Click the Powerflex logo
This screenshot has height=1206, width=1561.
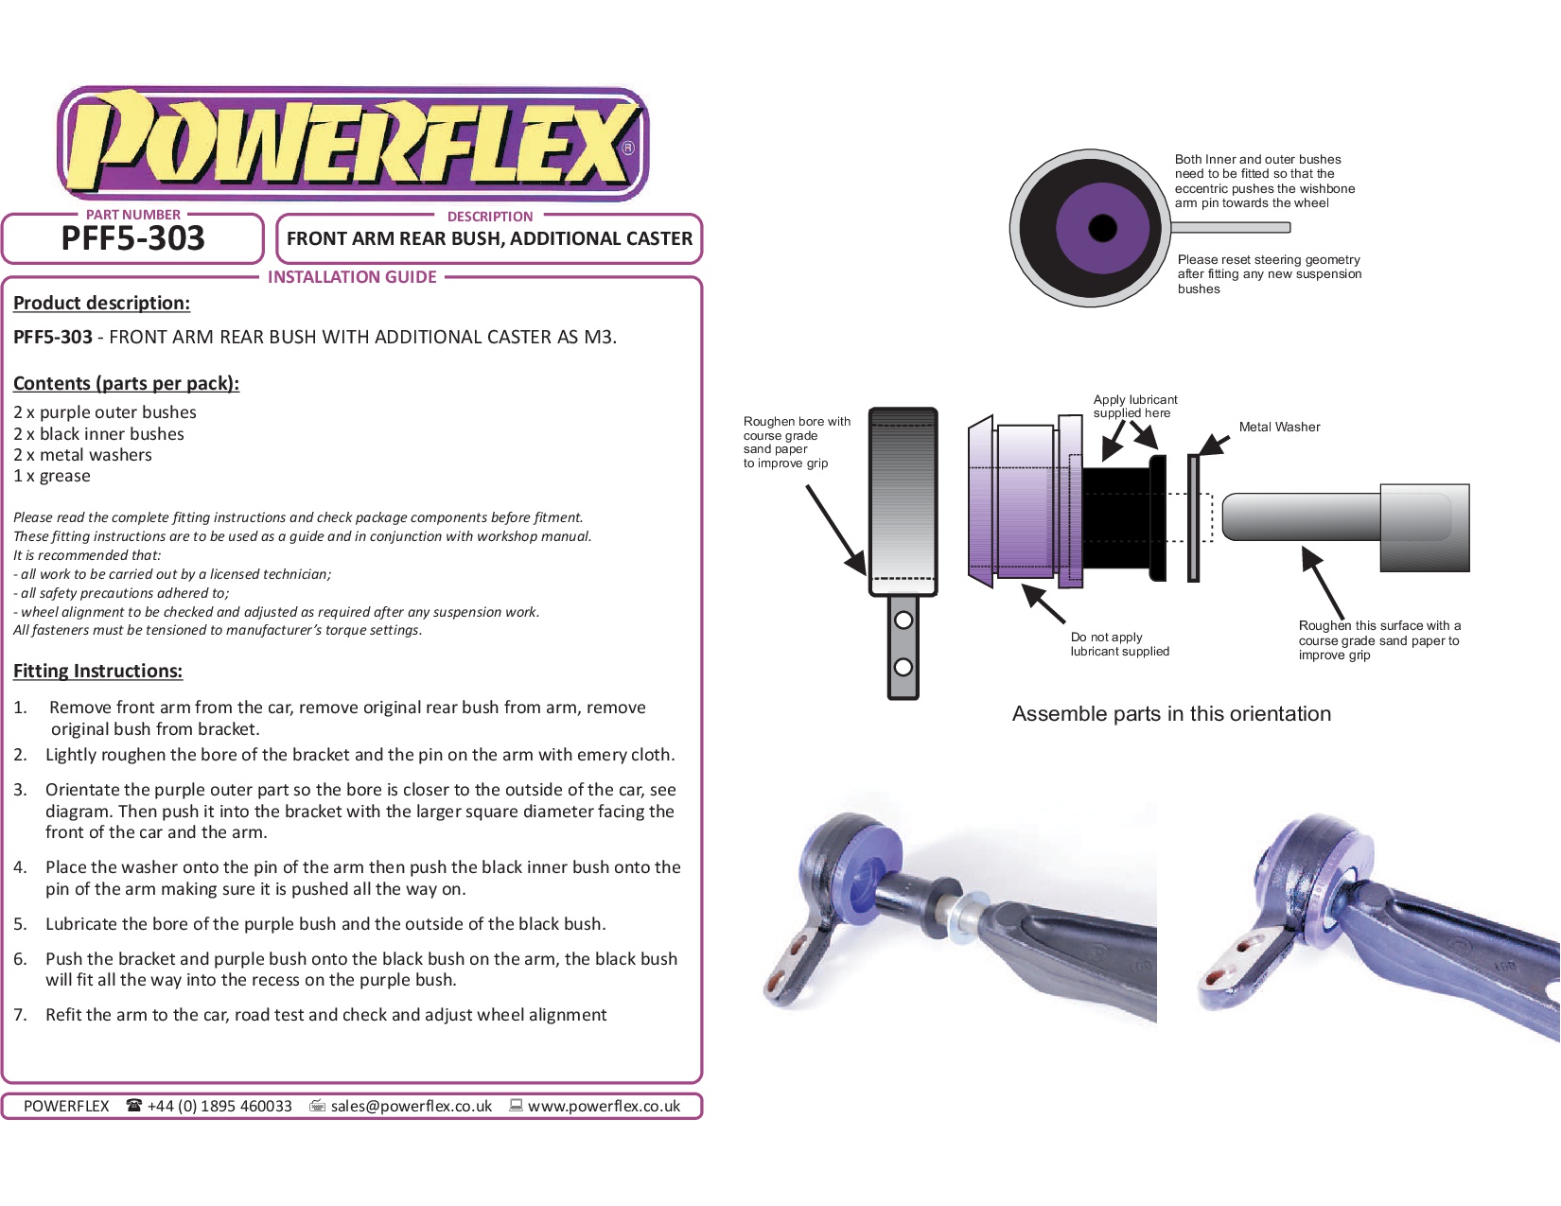click(352, 144)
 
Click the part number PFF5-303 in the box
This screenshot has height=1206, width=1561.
click(132, 238)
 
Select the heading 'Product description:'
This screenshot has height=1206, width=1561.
click(101, 303)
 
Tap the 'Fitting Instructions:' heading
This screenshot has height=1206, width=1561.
click(97, 671)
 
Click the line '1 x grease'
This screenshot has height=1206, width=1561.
click(52, 476)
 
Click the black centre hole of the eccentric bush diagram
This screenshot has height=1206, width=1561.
click(1103, 228)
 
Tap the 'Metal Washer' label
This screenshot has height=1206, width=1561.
click(1279, 427)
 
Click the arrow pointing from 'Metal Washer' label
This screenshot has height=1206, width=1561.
click(1213, 445)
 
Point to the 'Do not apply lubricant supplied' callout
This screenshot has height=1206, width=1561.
click(1119, 644)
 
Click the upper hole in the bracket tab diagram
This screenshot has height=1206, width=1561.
click(903, 620)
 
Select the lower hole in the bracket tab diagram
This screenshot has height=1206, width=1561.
click(903, 667)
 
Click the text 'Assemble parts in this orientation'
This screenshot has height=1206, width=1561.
click(1171, 713)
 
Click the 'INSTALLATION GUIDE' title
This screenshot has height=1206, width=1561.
click(352, 277)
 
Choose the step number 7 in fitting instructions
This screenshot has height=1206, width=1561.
click(20, 1014)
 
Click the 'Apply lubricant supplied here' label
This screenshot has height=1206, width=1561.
click(1135, 406)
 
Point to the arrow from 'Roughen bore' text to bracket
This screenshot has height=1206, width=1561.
click(836, 530)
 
